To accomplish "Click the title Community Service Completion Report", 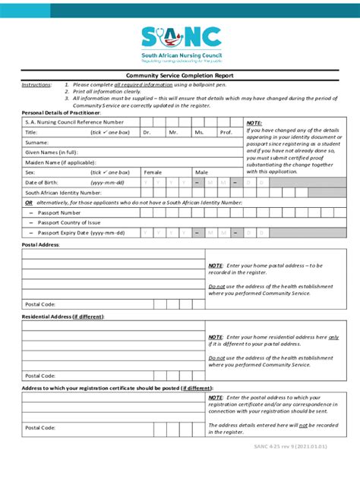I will [x=180, y=76].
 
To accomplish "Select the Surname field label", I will [x=37, y=142].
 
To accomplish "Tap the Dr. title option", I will [x=147, y=132].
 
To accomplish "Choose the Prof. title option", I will [x=226, y=132].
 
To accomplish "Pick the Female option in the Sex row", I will [x=153, y=172].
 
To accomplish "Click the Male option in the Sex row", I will [x=201, y=172].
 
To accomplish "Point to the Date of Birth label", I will [x=43, y=183].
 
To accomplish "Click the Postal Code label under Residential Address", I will [x=40, y=375].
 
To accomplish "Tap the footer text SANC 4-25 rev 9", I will [x=291, y=448].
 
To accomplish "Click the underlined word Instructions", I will [x=36, y=85].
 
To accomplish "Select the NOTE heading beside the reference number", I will [x=254, y=122].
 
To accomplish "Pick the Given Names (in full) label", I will [x=52, y=152].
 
